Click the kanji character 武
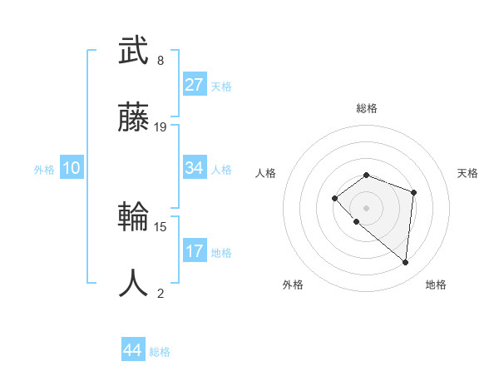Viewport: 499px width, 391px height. click(x=133, y=52)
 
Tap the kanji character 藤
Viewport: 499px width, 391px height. click(x=133, y=119)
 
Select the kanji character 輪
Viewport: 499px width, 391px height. click(x=133, y=218)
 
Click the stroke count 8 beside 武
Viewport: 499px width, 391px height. click(x=161, y=61)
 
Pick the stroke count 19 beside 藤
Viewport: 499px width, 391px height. click(x=161, y=127)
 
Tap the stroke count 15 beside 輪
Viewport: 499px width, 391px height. click(x=161, y=226)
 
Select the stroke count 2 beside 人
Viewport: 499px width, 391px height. click(x=161, y=293)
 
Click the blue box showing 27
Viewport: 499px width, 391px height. click(x=195, y=85)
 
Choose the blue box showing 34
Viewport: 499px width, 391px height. click(x=195, y=168)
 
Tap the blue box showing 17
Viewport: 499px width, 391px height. click(x=195, y=251)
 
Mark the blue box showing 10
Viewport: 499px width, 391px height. click(x=72, y=168)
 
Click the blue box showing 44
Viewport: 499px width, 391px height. click(x=133, y=351)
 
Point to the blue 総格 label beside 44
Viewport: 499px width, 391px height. click(x=160, y=352)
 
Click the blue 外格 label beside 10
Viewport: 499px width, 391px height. click(x=44, y=169)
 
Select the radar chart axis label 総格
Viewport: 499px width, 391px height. click(x=367, y=108)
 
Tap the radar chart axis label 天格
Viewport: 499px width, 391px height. click(x=468, y=173)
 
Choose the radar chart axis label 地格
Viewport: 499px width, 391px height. click(x=436, y=285)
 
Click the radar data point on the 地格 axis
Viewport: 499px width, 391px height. click(x=406, y=263)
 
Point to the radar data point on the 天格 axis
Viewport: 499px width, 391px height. click(x=414, y=192)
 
